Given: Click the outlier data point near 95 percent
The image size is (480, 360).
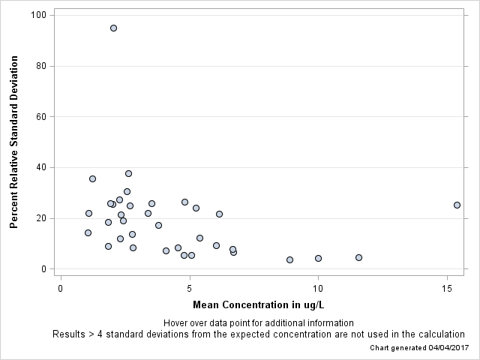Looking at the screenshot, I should point(113,28).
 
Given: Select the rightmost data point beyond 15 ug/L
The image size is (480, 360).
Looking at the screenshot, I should point(457,205).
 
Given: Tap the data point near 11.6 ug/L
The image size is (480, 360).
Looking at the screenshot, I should point(358,257).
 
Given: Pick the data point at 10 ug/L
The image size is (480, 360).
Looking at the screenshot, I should point(318,258).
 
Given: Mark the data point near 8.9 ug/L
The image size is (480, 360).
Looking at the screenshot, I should point(289,259).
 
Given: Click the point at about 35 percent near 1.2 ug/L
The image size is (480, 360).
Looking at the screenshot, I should point(92,178).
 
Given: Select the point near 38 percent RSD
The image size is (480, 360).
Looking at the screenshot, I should point(128,173).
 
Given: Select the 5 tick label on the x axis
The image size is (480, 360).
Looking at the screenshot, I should point(190,287).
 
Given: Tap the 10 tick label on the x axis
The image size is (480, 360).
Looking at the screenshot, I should point(318,287).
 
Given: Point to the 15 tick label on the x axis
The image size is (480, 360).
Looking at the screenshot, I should point(447,287).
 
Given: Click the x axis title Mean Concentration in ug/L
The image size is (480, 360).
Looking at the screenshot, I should point(258,305).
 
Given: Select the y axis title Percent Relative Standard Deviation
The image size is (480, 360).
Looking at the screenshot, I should point(13,141).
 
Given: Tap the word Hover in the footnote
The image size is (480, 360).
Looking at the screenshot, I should point(175,323).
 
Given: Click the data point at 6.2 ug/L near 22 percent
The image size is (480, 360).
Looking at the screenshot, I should point(219,214).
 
